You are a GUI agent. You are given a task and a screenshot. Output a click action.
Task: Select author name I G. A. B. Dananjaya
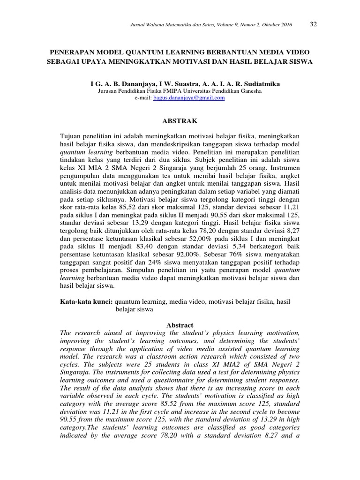(117, 83)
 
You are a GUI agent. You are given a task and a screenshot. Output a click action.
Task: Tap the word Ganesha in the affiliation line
(250, 91)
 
